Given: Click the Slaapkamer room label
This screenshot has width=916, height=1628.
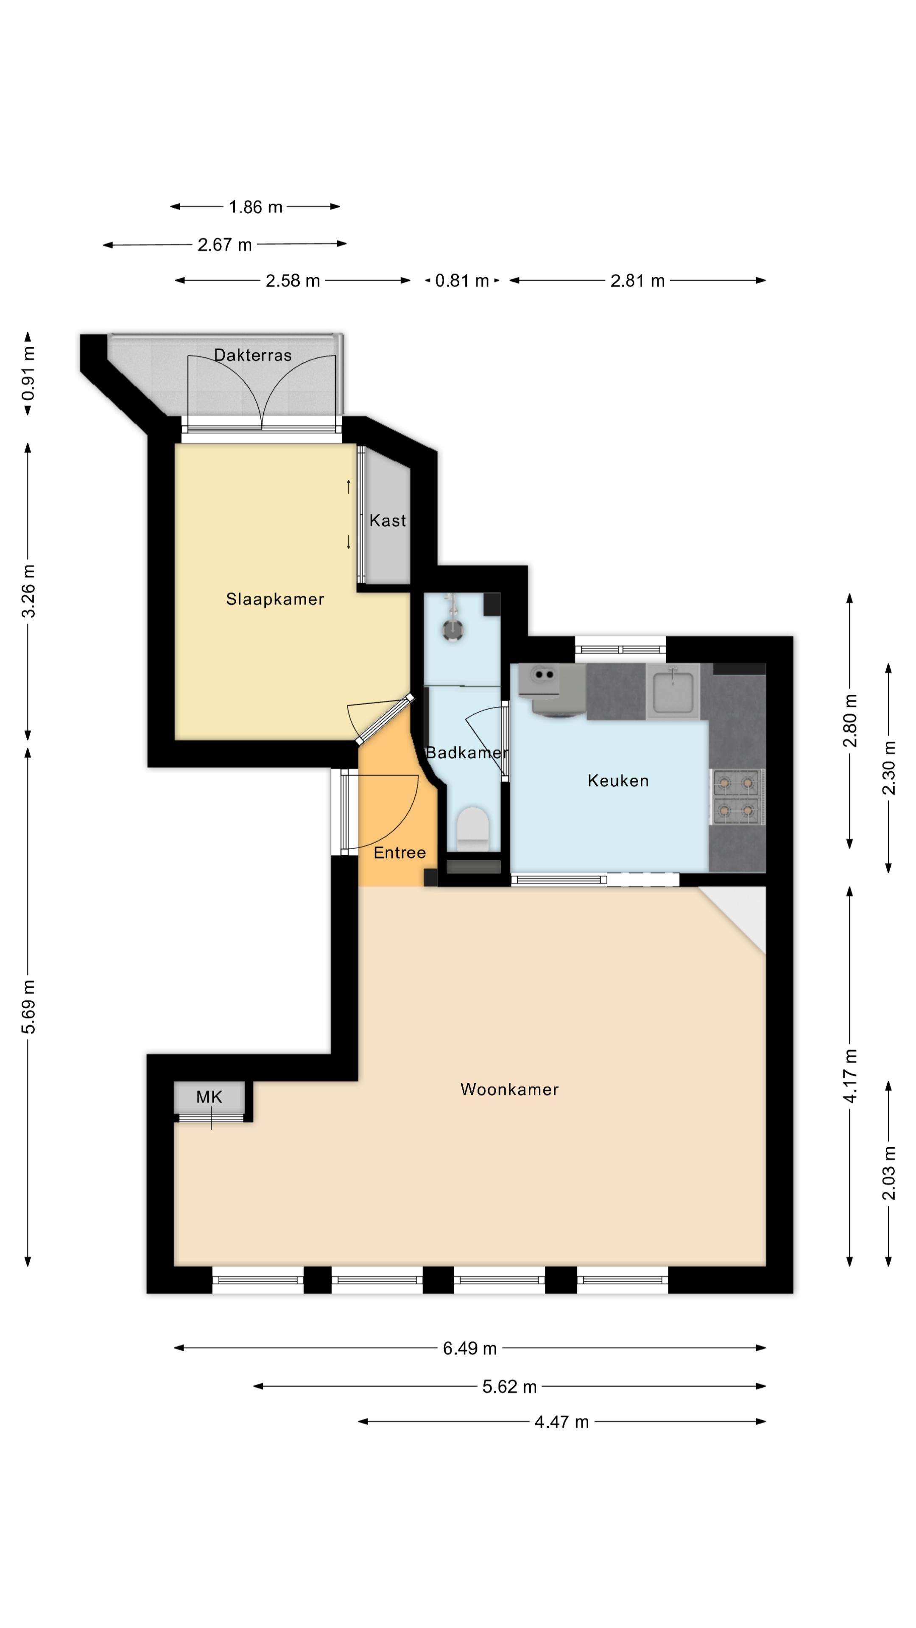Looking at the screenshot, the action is pyautogui.click(x=275, y=599).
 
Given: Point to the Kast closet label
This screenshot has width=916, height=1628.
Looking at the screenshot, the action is pyautogui.click(x=388, y=520).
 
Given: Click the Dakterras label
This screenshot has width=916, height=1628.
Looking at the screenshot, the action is pyautogui.click(x=253, y=355).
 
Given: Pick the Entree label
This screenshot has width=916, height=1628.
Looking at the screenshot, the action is pyautogui.click(x=399, y=853).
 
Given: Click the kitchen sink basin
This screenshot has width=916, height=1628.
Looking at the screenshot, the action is pyautogui.click(x=673, y=692).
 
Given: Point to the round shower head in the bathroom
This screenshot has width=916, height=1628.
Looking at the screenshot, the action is pyautogui.click(x=452, y=630).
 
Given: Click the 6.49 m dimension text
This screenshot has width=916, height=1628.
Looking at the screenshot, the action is pyautogui.click(x=470, y=1348).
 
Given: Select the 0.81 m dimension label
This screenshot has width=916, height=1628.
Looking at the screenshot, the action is pyautogui.click(x=462, y=281).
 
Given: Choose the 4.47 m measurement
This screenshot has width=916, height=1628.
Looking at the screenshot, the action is pyautogui.click(x=561, y=1422).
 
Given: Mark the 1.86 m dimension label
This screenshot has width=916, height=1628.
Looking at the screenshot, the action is pyautogui.click(x=255, y=206).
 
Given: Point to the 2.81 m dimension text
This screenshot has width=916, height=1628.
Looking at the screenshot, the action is pyautogui.click(x=637, y=281).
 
